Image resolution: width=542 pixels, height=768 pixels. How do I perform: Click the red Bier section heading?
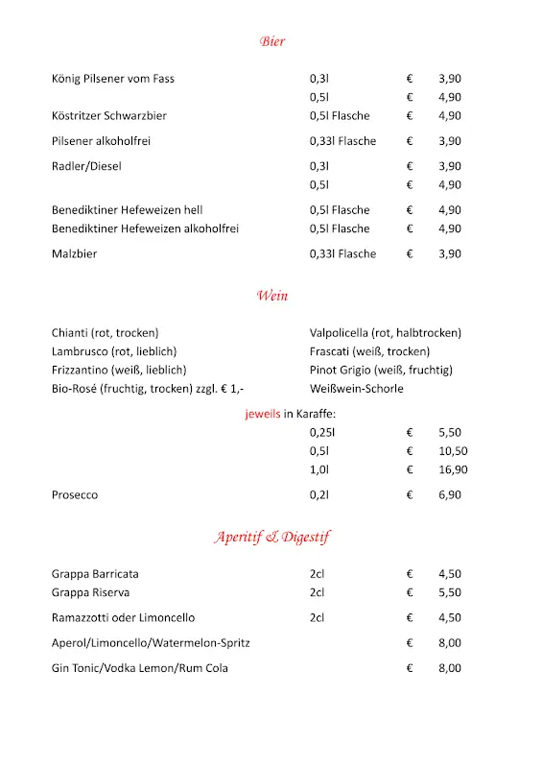271,41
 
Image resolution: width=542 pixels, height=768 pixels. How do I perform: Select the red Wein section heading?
271,296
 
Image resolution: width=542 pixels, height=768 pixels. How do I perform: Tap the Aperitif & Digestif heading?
271,537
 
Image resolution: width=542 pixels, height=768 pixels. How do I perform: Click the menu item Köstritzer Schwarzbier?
109,116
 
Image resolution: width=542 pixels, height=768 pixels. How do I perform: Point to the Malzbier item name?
75,254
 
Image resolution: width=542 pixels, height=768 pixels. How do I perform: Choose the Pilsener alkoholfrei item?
102,141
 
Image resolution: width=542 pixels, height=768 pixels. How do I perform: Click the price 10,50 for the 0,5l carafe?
453,451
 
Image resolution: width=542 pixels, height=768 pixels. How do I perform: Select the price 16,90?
453,470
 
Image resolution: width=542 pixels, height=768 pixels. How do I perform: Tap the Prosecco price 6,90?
450,495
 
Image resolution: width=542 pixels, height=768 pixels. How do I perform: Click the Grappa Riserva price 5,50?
450,593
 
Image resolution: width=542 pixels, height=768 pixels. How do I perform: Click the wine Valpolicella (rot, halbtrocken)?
386,333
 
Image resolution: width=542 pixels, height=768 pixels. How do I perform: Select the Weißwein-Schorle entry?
357,389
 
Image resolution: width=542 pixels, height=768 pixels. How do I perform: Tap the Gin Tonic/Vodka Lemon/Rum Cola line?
140,668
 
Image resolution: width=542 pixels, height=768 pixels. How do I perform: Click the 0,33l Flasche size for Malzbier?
342,254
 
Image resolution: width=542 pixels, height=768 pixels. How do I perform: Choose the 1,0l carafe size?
320,470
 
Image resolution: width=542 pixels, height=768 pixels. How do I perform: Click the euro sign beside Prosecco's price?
410,495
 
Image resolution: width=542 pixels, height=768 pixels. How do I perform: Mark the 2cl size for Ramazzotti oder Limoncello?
318,618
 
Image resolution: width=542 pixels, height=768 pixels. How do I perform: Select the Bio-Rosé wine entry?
148,389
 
